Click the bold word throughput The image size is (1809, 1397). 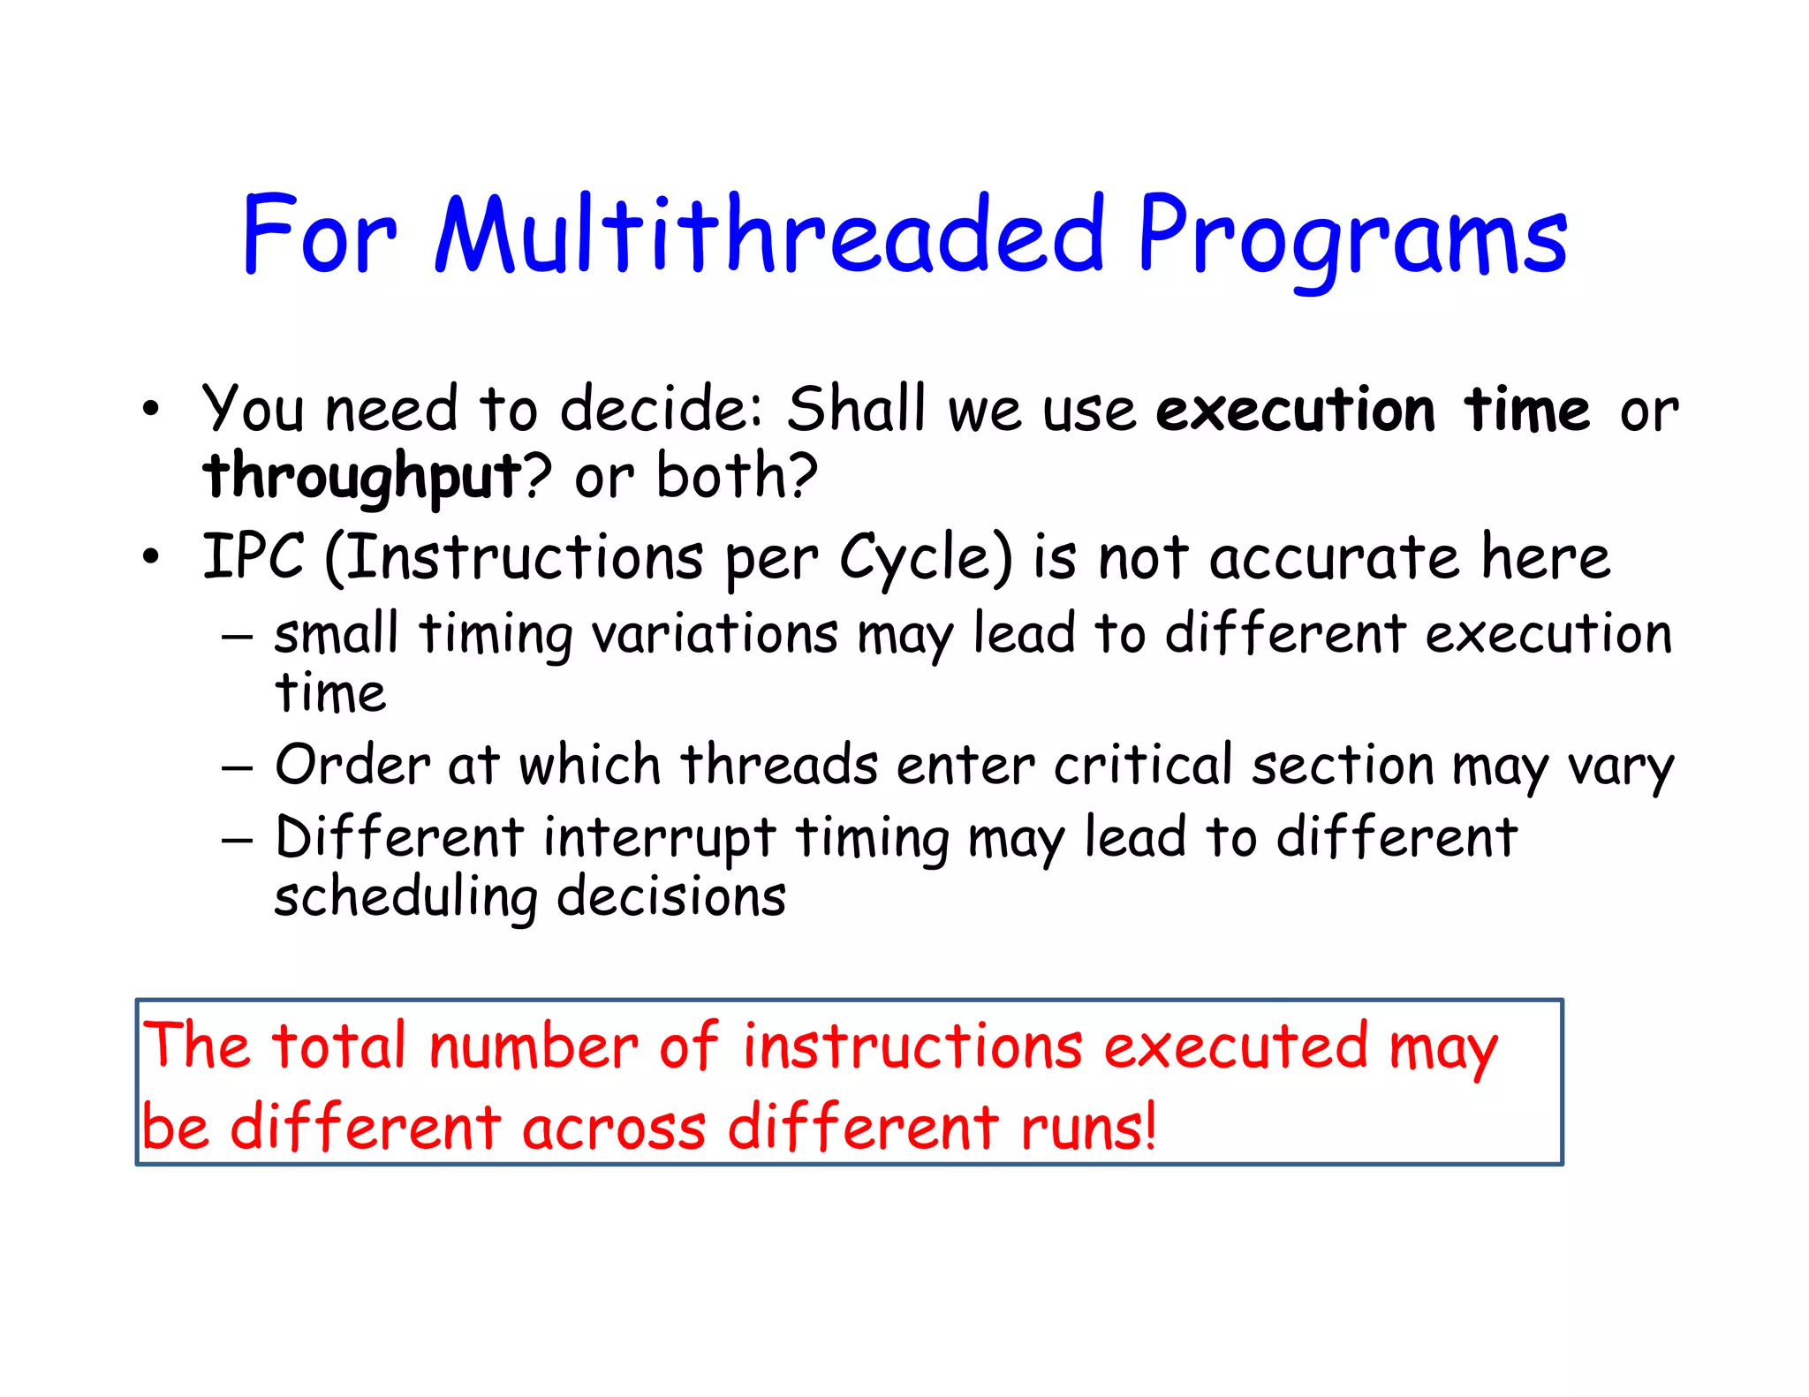(363, 478)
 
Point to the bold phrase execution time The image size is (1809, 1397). (1373, 412)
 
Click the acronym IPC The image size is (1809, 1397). (254, 557)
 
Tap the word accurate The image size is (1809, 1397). (1334, 559)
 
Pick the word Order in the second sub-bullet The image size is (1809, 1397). (352, 765)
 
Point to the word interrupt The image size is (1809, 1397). (659, 837)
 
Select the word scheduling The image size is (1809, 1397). (405, 898)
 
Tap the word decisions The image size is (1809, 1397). (670, 897)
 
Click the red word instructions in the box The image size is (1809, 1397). (912, 1047)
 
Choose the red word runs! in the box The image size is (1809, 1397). (1088, 1129)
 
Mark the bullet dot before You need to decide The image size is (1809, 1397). (151, 410)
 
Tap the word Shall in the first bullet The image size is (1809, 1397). (856, 410)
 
